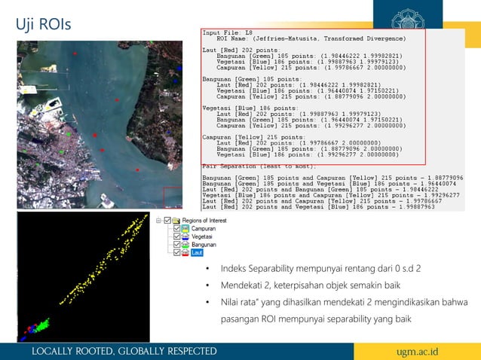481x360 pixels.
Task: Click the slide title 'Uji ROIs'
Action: (44, 24)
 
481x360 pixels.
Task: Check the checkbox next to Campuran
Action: (178, 228)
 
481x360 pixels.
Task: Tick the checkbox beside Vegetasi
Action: (178, 236)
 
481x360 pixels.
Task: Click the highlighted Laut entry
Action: (198, 253)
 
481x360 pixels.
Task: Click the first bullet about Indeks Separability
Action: (320, 269)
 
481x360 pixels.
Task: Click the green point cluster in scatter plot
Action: (42, 324)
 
